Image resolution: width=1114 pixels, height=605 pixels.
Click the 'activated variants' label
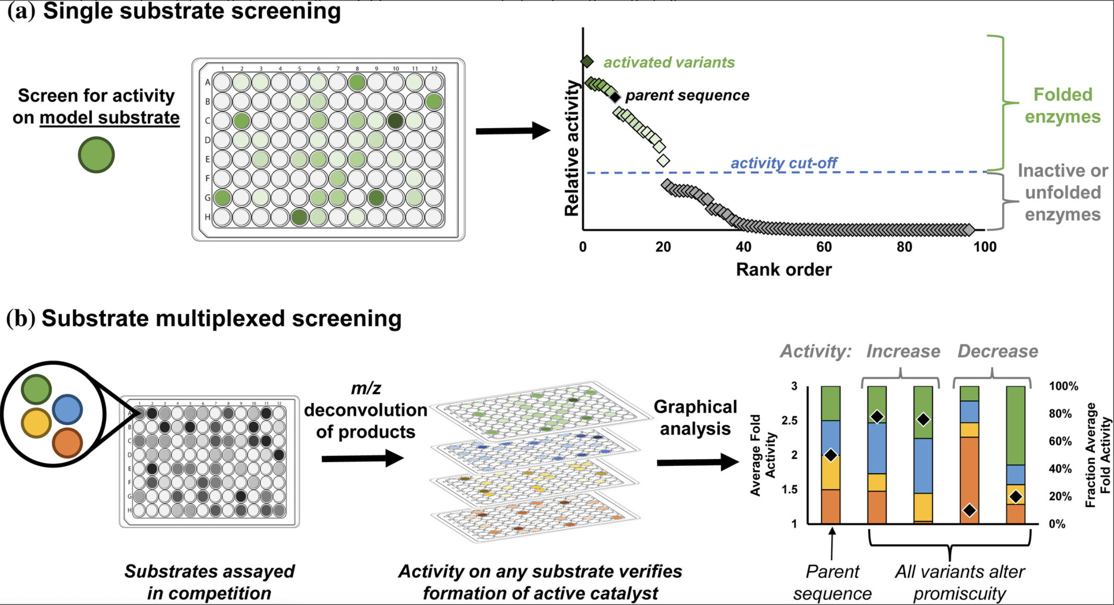point(669,62)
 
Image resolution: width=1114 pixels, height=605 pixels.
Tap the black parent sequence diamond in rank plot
point(615,97)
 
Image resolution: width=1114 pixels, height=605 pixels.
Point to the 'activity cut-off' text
point(784,163)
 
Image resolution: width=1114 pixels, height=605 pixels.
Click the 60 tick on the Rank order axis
point(824,247)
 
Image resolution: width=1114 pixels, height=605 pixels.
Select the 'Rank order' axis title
point(784,269)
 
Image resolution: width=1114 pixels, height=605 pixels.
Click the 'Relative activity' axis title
point(572,147)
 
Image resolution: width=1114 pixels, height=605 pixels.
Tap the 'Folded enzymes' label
point(1063,106)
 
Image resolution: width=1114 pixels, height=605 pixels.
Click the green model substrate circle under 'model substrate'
point(96,155)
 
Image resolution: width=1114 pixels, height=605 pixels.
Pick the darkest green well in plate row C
point(395,121)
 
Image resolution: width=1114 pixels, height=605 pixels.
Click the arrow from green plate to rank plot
point(513,131)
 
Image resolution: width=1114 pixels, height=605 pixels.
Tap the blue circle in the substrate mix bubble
point(67,409)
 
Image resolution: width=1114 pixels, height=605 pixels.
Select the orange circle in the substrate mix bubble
point(67,443)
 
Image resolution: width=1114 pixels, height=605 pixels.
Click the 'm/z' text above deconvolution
point(366,389)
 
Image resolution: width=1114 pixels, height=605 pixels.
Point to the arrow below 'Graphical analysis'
point(697,462)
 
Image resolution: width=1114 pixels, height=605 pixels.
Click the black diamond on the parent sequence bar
point(831,455)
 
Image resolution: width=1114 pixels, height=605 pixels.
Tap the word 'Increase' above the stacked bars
point(903,351)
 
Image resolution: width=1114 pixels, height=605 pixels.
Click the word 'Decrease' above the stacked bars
point(997,351)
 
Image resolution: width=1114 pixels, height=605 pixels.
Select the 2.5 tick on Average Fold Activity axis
point(789,420)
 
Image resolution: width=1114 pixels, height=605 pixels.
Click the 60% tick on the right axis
point(1060,441)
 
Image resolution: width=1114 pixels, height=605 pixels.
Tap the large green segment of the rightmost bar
point(1015,426)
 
